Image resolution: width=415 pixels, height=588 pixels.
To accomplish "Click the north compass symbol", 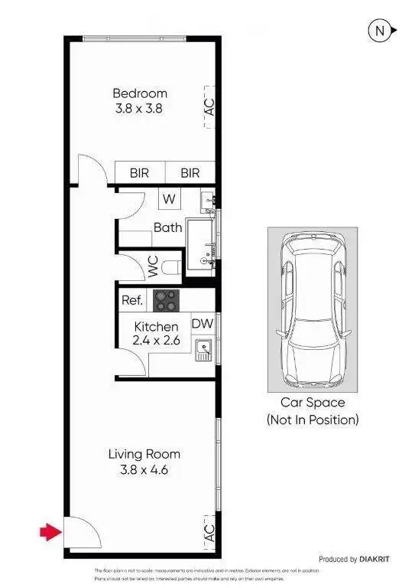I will tap(381, 31).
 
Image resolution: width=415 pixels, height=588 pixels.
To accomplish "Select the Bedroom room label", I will tap(138, 93).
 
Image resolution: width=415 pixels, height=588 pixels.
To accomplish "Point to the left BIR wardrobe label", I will tap(139, 174).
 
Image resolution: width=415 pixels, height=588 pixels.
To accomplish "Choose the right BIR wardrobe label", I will tap(190, 174).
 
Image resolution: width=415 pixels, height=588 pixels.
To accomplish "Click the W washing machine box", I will tap(169, 199).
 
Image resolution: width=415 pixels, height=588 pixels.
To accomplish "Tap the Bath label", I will tap(167, 227).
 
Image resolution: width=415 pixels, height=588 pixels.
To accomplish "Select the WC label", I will tap(153, 267).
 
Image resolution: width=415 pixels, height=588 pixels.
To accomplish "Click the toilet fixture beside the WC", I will tap(173, 267).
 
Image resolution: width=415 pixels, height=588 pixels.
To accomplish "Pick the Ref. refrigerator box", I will tap(132, 301).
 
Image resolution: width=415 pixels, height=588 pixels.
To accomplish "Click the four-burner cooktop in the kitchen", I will tap(166, 301).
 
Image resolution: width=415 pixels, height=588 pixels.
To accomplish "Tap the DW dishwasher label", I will tap(203, 323).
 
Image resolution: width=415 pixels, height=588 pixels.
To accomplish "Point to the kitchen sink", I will tap(203, 351).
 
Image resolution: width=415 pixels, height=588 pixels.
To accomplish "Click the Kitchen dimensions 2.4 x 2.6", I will tap(155, 341).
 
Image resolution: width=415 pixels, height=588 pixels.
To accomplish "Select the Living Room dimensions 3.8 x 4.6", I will tap(144, 469).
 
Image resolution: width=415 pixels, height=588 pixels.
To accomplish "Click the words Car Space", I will tap(312, 403).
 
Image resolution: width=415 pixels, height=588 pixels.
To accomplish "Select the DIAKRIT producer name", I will tap(374, 560).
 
